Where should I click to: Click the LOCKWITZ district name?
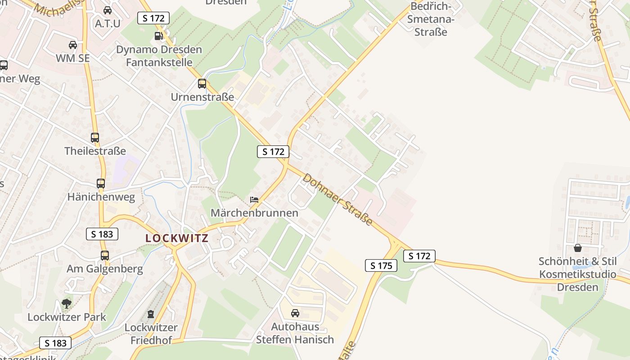pos(177,238)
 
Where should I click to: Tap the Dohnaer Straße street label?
pos(337,199)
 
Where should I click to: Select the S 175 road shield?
pos(381,265)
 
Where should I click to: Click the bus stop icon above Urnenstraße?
pos(202,84)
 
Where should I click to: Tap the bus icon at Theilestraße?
pos(95,138)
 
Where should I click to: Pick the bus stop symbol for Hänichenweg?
pos(101,184)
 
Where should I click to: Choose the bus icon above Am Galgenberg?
pos(105,256)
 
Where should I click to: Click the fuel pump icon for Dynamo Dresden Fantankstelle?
pos(158,36)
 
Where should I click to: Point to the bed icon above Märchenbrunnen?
pos(254,199)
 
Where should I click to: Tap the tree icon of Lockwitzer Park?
pos(67,304)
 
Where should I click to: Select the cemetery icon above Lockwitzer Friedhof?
pos(151,314)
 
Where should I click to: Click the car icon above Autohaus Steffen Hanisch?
pos(295,313)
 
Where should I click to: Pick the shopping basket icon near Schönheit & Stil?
pos(578,248)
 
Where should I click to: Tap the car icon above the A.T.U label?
pos(108,10)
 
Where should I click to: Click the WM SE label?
pos(73,58)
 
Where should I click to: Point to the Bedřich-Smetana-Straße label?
pos(431,19)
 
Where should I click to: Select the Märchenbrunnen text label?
pos(254,213)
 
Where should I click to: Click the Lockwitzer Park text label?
pos(67,317)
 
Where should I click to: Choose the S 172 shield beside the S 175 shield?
pos(419,256)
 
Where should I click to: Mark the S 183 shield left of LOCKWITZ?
pos(102,234)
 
